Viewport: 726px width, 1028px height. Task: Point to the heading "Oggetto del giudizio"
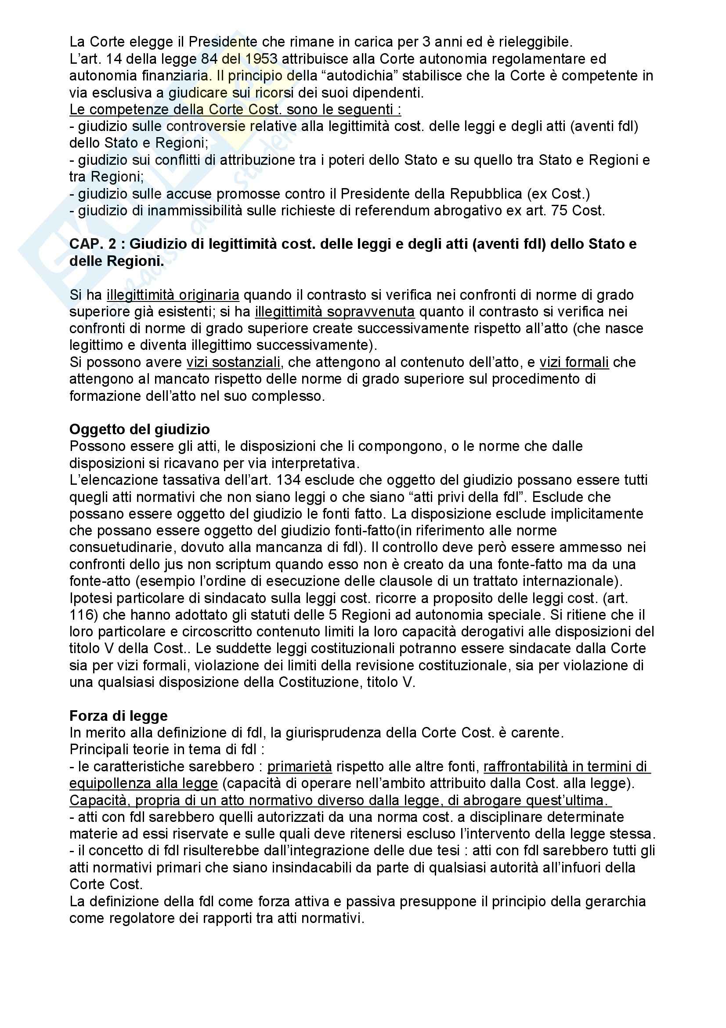click(139, 429)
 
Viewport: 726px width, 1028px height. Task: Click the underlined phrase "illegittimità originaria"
click(173, 295)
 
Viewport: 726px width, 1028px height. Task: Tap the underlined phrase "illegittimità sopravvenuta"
click(335, 312)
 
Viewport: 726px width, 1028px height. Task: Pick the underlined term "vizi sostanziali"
click(234, 362)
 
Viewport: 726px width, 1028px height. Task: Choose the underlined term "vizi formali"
click(574, 362)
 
